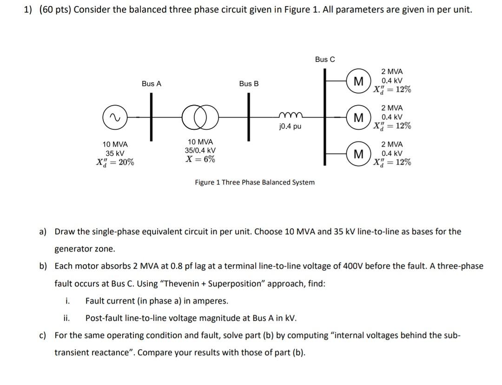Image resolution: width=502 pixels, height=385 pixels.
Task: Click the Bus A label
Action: click(x=152, y=84)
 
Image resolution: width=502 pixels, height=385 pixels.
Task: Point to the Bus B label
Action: click(x=249, y=84)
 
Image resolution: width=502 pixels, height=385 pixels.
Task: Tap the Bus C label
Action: click(x=324, y=59)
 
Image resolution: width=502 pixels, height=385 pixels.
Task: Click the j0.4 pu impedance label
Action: click(x=290, y=126)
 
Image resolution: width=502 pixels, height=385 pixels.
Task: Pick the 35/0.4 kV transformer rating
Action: click(x=200, y=150)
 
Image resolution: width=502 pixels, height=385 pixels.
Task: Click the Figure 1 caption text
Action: click(x=254, y=182)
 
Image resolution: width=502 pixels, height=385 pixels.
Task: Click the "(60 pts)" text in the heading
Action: click(x=53, y=10)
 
